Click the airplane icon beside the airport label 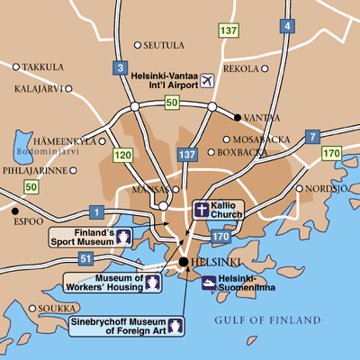[208, 81]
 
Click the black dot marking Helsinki [183, 262]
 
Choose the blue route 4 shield [288, 26]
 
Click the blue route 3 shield [120, 67]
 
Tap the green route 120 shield [123, 156]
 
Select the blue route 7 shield [312, 137]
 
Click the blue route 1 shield [96, 211]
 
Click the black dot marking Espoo [15, 212]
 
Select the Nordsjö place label [326, 188]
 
